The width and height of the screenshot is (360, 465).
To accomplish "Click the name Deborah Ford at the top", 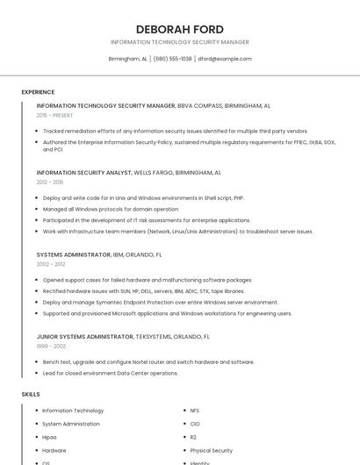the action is tap(179, 29).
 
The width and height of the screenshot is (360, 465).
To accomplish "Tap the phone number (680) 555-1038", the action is tap(173, 59).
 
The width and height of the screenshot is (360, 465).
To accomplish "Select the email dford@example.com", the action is tap(225, 59).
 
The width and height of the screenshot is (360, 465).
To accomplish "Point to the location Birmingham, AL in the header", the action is tap(127, 59).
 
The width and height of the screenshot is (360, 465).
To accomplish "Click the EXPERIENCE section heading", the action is tap(38, 92).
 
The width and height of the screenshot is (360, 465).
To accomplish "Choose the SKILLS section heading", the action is tap(31, 394).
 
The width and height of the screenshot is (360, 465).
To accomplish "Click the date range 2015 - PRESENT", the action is tap(54, 115).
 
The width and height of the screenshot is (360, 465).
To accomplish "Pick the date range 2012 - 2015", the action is tap(50, 182).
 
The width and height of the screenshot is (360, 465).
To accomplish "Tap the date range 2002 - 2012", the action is tap(51, 263).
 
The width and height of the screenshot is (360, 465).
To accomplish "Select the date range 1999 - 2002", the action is tap(51, 345).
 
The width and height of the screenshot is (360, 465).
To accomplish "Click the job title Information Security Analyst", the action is tap(84, 173).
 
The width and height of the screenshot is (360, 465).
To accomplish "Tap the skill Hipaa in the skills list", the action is tap(49, 437).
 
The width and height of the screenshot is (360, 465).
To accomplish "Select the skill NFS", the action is tap(195, 411).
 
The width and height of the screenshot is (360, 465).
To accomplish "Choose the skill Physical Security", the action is tap(212, 450).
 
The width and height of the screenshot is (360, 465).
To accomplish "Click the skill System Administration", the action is tap(71, 424).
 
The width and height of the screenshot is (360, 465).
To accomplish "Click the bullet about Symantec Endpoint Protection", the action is tap(161, 302).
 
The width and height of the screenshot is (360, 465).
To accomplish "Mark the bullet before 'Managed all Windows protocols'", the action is tap(38, 210).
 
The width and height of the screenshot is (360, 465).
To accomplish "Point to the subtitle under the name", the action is tap(179, 42).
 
